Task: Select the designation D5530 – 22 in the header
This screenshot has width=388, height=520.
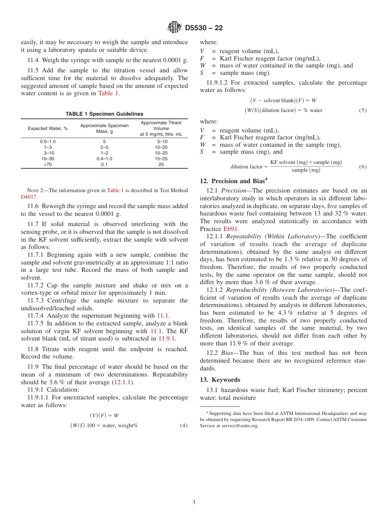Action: [x=204, y=28]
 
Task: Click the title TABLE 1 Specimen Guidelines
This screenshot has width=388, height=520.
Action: [x=105, y=114]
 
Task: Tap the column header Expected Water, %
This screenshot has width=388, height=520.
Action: [x=48, y=128]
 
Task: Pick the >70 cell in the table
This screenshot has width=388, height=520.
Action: [x=48, y=164]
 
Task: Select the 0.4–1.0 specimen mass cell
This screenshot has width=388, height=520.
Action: [x=104, y=159]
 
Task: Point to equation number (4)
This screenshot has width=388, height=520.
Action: [x=184, y=426]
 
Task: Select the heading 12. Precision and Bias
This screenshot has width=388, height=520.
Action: [x=234, y=181]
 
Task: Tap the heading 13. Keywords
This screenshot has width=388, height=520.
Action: [x=220, y=380]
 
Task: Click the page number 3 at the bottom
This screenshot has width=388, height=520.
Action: [x=194, y=502]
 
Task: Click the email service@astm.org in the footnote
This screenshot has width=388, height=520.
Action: [x=241, y=426]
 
